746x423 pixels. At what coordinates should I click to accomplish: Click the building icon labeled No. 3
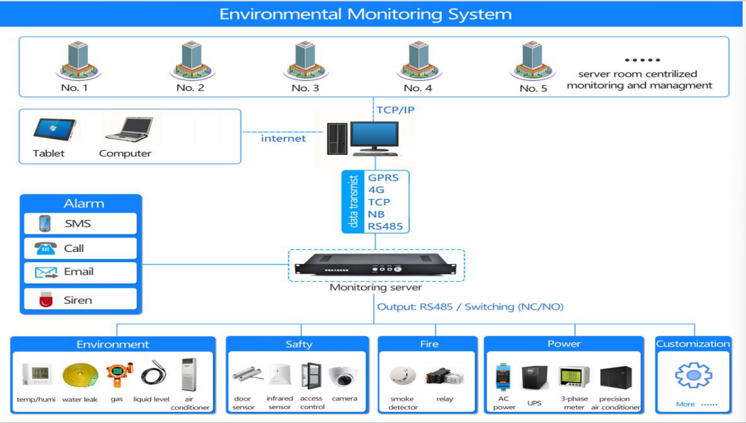coord(303,60)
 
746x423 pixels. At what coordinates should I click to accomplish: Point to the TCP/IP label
coord(396,109)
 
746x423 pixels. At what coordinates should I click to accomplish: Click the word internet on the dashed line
coord(283,139)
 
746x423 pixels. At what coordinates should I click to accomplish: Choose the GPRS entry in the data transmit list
coord(384,178)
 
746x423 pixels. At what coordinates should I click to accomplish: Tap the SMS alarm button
coord(80,223)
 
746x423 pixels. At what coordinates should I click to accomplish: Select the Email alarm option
coord(80,272)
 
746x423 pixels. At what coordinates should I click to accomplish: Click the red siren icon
coord(45,299)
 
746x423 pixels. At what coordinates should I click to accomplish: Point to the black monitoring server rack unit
coord(376,265)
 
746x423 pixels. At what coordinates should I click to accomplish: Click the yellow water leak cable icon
coord(80,375)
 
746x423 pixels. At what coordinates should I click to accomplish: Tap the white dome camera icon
coord(343,375)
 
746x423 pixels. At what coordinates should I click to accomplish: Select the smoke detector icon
coord(403,375)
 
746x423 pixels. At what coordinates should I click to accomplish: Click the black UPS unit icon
coord(534,378)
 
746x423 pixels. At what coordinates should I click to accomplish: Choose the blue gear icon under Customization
coord(693,375)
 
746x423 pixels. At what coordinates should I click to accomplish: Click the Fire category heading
coord(429,344)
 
